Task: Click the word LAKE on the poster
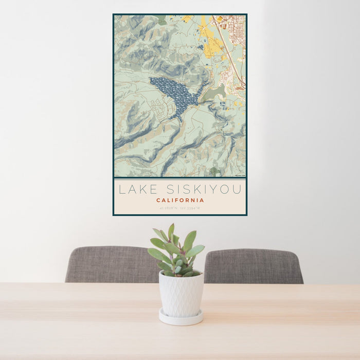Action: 137,189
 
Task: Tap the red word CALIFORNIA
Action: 180,200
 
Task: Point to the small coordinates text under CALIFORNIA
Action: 180,208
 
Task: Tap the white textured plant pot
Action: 181,295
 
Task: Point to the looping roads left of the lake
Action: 159,108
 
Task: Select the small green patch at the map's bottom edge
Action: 214,171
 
